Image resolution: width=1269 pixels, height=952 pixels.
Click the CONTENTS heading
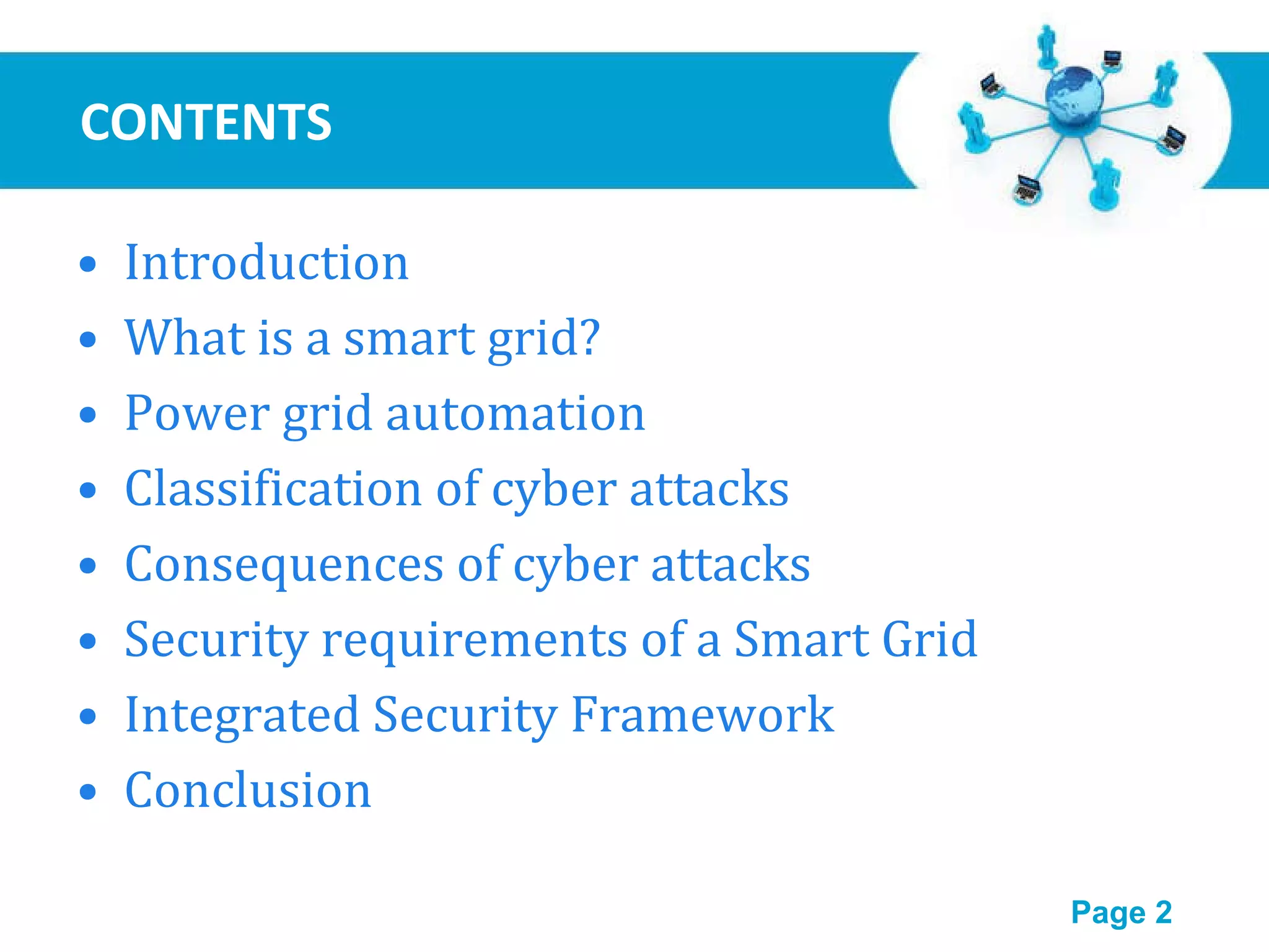point(206,122)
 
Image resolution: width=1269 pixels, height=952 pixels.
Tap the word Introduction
point(266,263)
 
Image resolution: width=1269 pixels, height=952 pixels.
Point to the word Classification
point(273,488)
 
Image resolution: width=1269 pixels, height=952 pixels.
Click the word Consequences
point(284,564)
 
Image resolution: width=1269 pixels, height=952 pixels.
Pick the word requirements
point(475,640)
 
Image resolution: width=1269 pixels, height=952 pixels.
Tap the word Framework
point(702,715)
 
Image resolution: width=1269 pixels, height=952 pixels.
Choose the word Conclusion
point(248,790)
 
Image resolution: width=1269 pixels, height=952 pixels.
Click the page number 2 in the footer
point(1163,912)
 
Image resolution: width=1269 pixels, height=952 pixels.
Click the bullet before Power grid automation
point(89,415)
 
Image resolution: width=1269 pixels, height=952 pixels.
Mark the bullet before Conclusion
point(89,791)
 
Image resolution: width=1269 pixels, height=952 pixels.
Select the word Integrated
point(242,715)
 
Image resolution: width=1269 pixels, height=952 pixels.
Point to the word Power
point(196,413)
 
